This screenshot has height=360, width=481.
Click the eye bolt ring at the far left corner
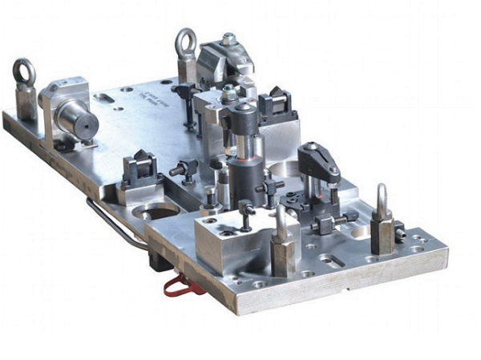(x=24, y=71)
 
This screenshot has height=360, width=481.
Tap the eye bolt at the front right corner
(x=382, y=200)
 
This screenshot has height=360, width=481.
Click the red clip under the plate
(x=179, y=285)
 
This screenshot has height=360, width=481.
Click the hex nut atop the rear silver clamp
(x=229, y=38)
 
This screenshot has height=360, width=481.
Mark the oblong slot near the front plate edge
(x=331, y=260)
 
